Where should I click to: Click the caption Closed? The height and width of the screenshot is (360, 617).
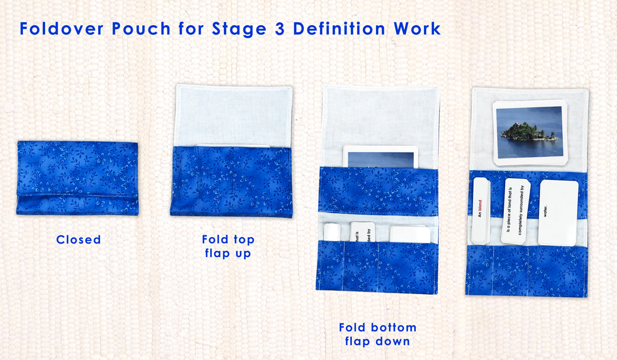point(78,240)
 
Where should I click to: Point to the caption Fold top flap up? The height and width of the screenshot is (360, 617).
point(228,246)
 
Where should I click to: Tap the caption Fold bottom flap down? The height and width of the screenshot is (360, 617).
point(377,334)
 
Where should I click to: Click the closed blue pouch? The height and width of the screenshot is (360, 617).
point(77,178)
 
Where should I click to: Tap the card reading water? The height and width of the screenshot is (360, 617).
point(558,213)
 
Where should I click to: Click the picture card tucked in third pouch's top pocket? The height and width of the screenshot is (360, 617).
point(380,157)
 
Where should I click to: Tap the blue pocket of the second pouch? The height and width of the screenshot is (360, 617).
point(231,181)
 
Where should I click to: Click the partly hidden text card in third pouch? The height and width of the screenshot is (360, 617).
point(362,232)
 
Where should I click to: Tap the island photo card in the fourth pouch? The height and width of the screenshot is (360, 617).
point(530,133)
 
